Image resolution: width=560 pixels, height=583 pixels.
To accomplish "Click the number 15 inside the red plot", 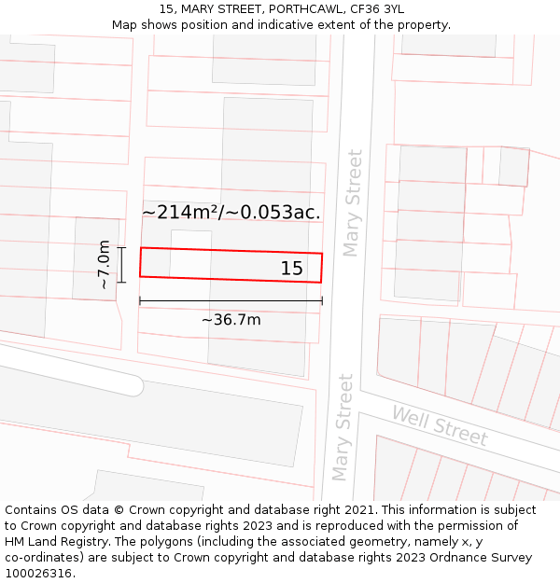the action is (291, 269).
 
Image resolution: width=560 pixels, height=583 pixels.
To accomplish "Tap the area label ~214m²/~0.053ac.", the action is (231, 213).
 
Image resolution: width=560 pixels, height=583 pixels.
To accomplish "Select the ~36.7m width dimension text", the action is (231, 320).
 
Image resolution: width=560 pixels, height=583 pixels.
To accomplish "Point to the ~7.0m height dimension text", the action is (104, 265).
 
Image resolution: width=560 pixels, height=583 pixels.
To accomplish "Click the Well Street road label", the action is (439, 425).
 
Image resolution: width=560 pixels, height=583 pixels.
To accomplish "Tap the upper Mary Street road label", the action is (352, 201).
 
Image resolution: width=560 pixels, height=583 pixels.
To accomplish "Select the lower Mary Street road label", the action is (343, 427).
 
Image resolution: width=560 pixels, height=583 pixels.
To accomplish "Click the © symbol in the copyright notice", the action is (120, 510).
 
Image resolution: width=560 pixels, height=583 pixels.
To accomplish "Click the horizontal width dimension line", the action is (231, 300).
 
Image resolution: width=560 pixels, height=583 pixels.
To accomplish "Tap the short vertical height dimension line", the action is (121, 264).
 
